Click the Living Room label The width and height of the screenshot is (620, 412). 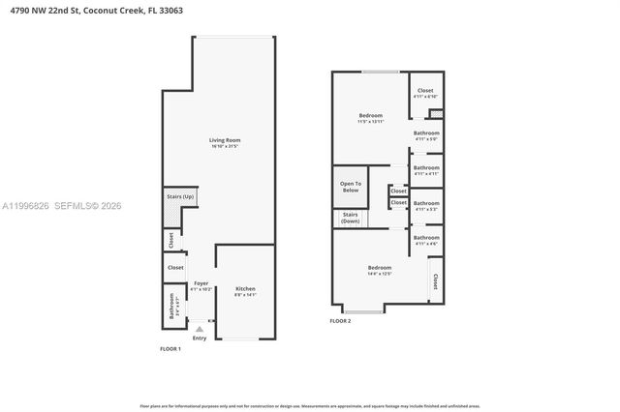(x=225, y=143)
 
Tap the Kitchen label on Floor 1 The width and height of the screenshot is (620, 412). (x=245, y=290)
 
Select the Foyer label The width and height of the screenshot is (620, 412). (x=201, y=285)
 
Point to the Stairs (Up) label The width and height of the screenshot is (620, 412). (x=180, y=196)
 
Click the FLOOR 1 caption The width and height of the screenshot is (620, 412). (x=170, y=348)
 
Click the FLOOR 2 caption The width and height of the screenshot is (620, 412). (x=340, y=320)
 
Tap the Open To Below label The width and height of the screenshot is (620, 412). (x=350, y=187)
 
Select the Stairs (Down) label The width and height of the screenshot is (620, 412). (x=350, y=219)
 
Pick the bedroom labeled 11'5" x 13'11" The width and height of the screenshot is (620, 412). (x=370, y=118)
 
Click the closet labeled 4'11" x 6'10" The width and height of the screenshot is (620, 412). (x=425, y=93)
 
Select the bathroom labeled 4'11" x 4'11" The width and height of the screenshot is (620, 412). (x=426, y=170)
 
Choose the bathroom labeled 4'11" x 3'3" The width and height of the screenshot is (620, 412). (x=426, y=206)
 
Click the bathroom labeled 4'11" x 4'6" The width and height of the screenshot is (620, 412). (x=426, y=240)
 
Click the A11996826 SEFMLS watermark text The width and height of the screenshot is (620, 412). (x=62, y=205)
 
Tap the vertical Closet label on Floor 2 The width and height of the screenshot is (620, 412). (x=435, y=280)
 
